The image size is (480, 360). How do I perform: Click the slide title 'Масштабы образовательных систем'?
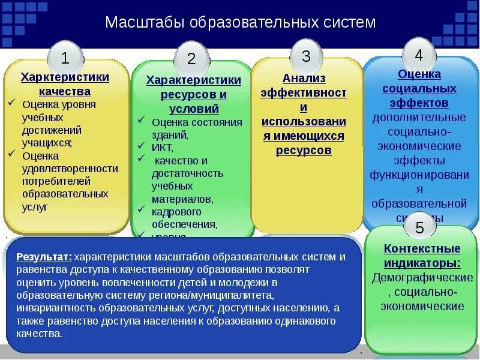pos(240,23)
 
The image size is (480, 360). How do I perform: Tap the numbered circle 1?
pos(65,58)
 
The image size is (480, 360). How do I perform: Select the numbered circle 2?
pos(191,58)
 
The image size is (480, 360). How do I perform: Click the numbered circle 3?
pos(306,56)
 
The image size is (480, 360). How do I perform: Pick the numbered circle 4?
pos(418,55)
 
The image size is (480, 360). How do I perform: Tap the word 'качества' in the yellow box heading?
pos(65,91)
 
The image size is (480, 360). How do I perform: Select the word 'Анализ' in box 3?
pos(304,78)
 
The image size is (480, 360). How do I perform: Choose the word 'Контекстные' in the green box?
pos(422,248)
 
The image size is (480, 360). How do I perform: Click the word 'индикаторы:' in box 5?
pos(422,263)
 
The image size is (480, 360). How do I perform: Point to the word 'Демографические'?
pos(422,278)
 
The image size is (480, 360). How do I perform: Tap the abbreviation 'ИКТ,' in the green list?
pos(162,147)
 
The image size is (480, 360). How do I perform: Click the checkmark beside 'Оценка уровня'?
pos(11,103)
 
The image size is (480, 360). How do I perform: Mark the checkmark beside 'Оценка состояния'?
pos(140,121)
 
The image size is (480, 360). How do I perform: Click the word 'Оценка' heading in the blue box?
pos(419,74)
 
